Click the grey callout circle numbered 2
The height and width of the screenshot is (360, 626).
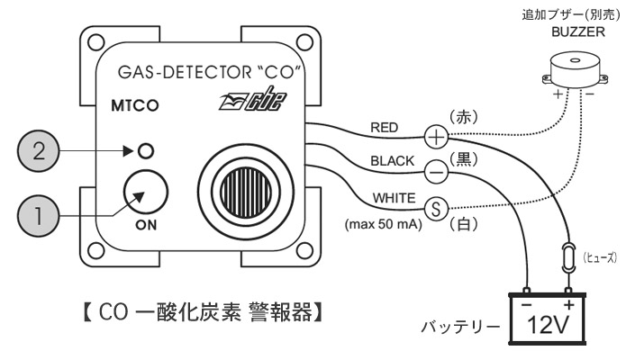39,151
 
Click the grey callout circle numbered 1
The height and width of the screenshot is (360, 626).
39,216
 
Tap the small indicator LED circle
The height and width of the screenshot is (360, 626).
146,151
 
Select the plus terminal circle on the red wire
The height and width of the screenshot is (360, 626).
436,137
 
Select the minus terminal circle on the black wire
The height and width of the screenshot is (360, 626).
436,173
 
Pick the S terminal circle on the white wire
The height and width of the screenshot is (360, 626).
436,209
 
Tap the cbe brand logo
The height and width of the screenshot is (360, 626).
252,99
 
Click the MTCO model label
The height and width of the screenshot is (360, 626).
135,106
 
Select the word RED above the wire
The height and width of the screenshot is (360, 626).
385,128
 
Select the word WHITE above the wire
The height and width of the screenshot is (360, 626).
394,198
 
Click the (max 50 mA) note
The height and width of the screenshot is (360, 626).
384,224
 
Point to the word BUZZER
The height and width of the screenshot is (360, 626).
578,31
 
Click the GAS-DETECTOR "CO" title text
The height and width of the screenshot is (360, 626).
209,72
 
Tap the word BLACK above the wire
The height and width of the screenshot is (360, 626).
393,161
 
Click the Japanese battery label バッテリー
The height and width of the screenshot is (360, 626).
460,328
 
